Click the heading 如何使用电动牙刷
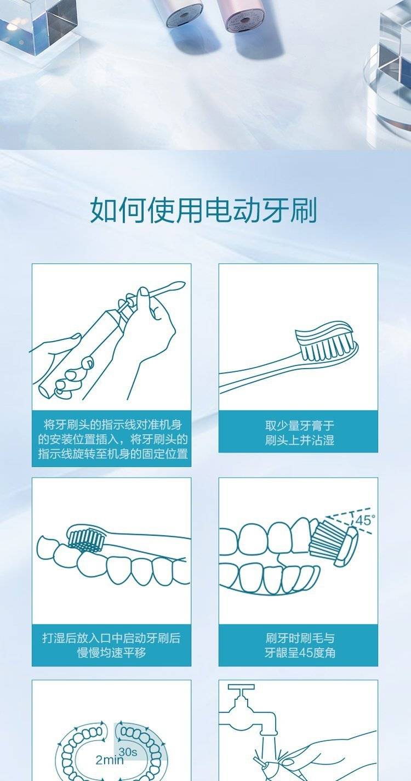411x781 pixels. [x=204, y=210]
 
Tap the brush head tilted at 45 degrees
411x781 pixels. [x=334, y=540]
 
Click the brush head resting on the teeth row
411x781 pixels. [x=88, y=539]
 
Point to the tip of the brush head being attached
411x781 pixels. [x=184, y=284]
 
